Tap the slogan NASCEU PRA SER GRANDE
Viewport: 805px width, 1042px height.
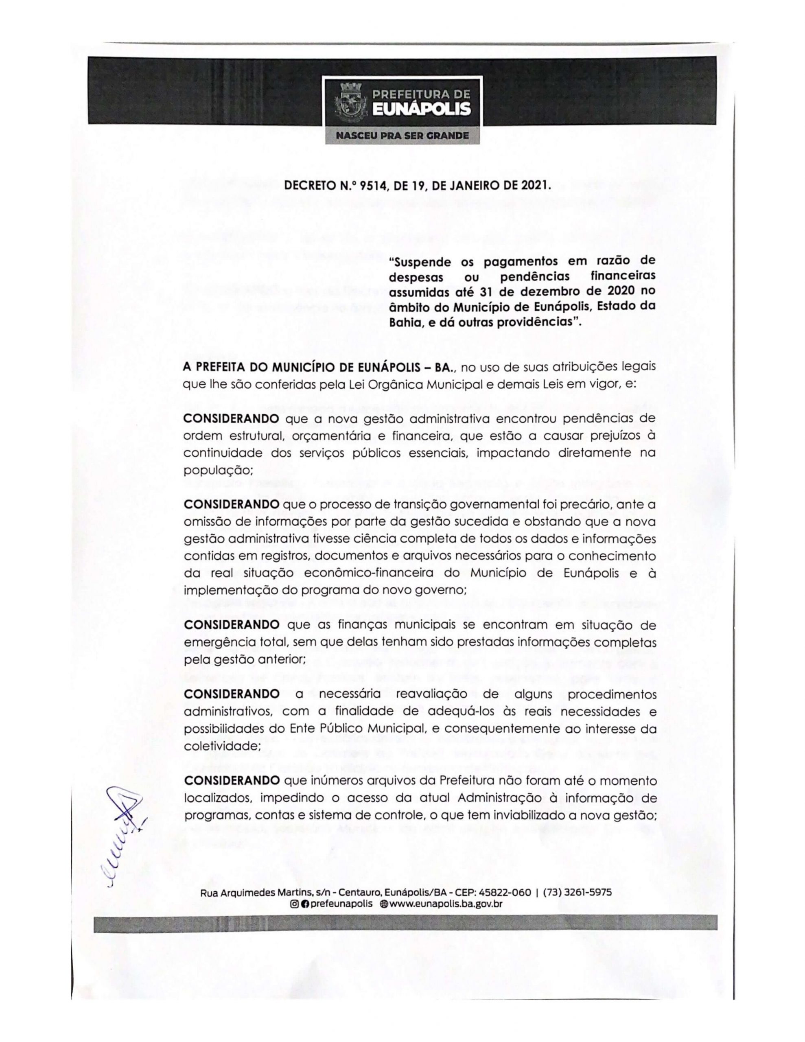402,136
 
